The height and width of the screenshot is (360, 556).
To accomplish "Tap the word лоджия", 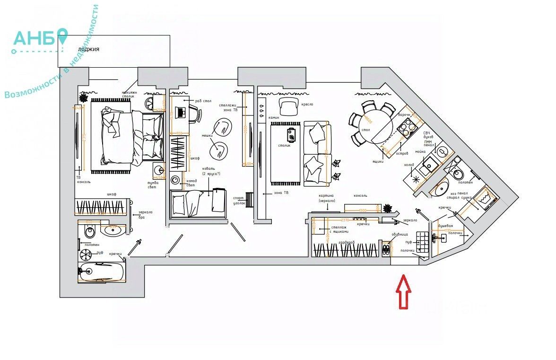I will click(89, 49).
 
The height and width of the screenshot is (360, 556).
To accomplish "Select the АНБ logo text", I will click(35, 39).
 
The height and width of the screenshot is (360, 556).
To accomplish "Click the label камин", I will click(274, 117).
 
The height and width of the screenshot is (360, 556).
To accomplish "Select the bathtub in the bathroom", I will click(102, 272).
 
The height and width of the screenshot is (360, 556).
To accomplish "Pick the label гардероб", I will click(346, 243).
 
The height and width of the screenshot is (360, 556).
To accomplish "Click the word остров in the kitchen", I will click(401, 153).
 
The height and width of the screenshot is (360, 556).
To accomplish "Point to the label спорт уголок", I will click(239, 200).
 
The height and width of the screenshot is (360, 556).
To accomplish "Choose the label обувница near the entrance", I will click(400, 234).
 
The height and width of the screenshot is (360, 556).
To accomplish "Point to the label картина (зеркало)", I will click(327, 198).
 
